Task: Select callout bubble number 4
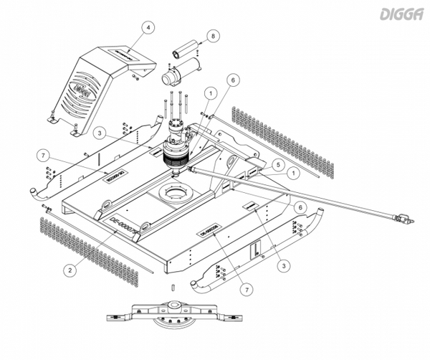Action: coord(148,28)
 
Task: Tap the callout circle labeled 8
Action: coord(212,35)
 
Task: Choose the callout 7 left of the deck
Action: coord(44,156)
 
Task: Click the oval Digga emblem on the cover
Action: coord(80,93)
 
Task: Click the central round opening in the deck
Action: coord(173,194)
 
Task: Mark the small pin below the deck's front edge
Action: coord(173,288)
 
